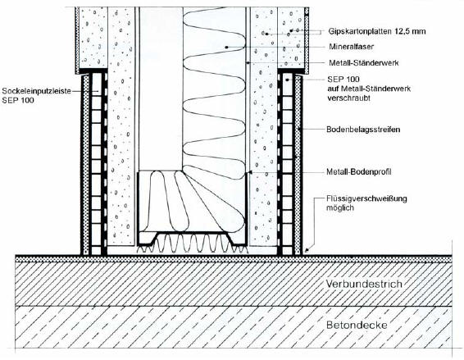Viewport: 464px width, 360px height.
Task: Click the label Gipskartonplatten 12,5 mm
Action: click(377, 31)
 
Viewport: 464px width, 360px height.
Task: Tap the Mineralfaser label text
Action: click(351, 47)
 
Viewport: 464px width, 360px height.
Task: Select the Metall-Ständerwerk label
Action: click(364, 63)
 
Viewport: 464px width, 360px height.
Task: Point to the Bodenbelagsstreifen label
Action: click(363, 130)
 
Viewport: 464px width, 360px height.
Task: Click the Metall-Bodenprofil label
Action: click(359, 171)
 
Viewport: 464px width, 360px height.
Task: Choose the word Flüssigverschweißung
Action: click(366, 198)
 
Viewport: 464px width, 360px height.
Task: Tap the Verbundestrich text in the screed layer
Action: click(364, 284)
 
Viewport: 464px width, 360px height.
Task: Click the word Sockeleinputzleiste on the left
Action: click(36, 91)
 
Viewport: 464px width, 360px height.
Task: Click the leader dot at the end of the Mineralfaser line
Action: click(227, 47)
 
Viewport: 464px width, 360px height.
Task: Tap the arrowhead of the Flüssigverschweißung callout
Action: click(307, 250)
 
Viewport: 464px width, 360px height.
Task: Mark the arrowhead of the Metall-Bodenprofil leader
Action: click(250, 171)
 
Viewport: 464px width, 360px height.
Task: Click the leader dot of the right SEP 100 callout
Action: click(287, 80)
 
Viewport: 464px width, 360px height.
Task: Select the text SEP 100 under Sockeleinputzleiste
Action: click(18, 100)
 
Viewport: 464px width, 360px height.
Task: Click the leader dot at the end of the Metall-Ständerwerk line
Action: click(248, 63)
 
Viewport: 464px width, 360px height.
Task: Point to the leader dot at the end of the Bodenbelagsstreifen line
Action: click(299, 129)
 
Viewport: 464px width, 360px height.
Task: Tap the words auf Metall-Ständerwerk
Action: click(369, 89)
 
